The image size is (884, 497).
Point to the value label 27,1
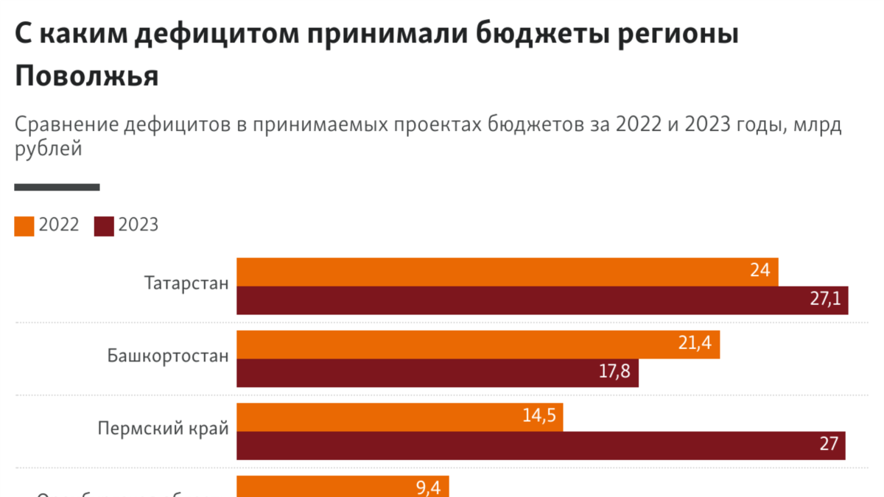825,300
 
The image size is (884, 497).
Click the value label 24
760,271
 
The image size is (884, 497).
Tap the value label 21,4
695,344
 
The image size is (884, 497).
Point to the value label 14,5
539,416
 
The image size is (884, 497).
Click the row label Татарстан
187,283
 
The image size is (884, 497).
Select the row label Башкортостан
168,356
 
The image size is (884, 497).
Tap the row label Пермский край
164,429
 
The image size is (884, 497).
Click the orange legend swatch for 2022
24,226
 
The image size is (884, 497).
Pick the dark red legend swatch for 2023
104,226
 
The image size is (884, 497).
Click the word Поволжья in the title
87,76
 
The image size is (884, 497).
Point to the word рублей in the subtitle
47,149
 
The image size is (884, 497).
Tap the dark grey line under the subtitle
57,188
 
